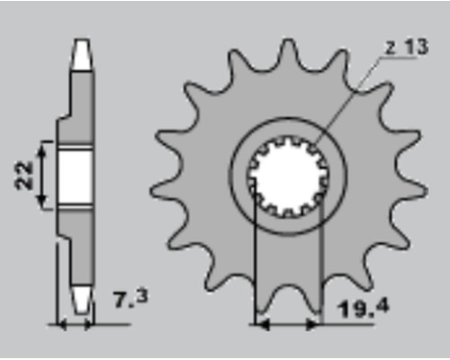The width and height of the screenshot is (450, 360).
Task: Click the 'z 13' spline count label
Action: (x=407, y=47)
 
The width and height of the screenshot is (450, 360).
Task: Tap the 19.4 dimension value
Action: (x=364, y=308)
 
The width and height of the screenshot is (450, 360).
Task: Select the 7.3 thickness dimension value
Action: (x=131, y=299)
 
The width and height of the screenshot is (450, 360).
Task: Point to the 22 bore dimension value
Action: (x=24, y=175)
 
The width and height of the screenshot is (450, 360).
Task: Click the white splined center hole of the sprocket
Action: (x=288, y=177)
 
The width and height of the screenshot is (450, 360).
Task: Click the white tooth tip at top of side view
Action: (x=82, y=55)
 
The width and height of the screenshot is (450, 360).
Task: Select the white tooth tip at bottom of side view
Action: (x=82, y=300)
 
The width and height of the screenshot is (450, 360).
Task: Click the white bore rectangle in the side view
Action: (x=76, y=177)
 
